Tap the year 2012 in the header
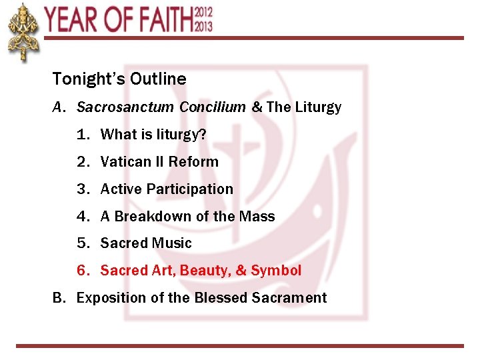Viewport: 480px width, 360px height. pos(204,12)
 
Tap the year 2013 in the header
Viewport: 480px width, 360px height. pos(204,26)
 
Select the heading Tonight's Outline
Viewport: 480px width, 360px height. pos(119,79)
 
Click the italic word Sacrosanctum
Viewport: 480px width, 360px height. pos(125,107)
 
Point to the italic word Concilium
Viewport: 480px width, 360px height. pos(211,107)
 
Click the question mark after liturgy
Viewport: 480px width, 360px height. pos(203,135)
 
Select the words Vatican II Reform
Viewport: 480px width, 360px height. pos(159,162)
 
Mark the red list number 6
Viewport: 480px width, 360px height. pos(82,271)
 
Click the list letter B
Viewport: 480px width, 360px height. pos(58,298)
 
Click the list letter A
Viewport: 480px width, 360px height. pos(58,107)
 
